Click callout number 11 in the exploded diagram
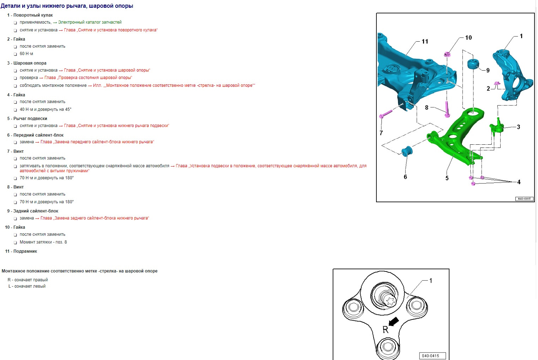[425, 42]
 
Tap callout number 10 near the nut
[469, 38]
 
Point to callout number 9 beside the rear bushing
[488, 71]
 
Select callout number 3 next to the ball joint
[518, 127]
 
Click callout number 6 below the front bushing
[405, 177]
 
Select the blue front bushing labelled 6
[407, 151]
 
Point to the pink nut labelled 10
[447, 54]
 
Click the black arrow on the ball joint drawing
[394, 321]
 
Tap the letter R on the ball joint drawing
[385, 330]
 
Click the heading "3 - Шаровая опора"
[27, 63]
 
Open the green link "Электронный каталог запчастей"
[90, 22]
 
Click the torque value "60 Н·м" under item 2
[26, 54]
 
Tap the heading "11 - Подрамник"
[21, 251]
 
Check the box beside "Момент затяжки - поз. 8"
[16, 242]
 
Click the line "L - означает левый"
[27, 286]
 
